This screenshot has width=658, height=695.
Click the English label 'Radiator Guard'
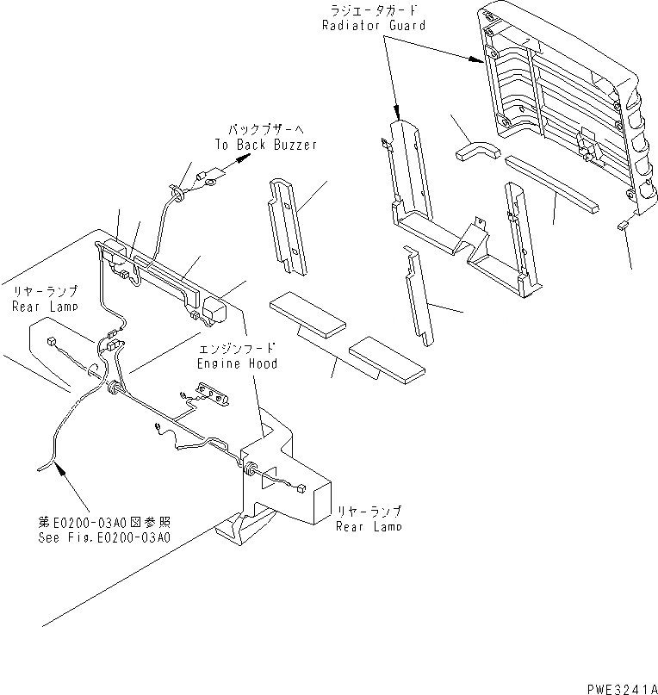pos(374,25)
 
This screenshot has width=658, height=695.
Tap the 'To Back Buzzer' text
pos(265,145)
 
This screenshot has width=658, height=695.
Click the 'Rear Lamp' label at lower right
pos(368,527)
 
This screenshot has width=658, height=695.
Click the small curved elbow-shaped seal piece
pos(473,148)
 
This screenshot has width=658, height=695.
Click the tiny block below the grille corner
pos(623,226)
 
